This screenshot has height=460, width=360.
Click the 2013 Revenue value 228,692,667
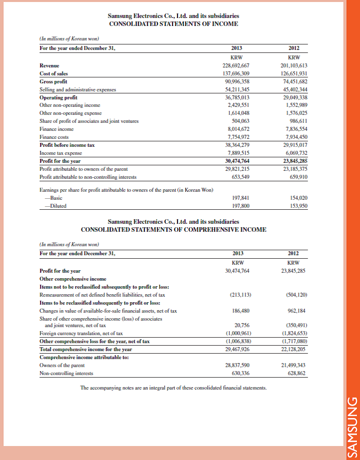click(x=235, y=65)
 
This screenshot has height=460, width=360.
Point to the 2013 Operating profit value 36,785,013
click(x=237, y=97)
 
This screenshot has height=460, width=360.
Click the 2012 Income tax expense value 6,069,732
click(x=295, y=153)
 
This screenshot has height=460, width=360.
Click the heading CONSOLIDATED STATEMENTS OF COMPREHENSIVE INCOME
click(x=173, y=230)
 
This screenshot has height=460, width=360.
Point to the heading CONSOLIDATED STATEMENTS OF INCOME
click(x=173, y=23)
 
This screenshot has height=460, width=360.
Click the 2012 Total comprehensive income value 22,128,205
click(x=293, y=349)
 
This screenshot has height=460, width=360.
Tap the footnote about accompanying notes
click(x=173, y=388)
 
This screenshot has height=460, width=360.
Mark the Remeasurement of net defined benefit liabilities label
click(x=102, y=295)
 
